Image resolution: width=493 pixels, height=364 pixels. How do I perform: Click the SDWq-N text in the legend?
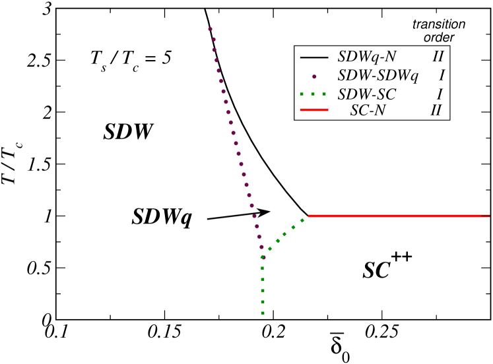click(367, 57)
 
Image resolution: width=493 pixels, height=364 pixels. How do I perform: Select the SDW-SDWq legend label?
click(378, 76)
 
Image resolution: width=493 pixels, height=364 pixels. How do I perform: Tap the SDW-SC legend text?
click(366, 94)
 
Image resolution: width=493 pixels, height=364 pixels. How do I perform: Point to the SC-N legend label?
click(368, 111)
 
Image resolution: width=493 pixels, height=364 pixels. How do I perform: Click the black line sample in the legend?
click(314, 58)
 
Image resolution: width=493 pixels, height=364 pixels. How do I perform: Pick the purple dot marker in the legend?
click(315, 76)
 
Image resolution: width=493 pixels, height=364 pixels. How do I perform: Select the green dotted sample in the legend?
click(314, 94)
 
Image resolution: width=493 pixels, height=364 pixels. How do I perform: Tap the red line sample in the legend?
click(314, 111)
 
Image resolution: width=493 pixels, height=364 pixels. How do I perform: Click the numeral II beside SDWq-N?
click(438, 57)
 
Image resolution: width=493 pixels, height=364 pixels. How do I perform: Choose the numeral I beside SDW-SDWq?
click(442, 76)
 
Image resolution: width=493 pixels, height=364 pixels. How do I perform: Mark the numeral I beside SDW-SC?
click(440, 94)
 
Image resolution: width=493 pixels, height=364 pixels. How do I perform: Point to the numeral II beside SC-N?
click(436, 111)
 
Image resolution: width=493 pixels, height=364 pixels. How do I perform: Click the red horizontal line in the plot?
click(396, 216)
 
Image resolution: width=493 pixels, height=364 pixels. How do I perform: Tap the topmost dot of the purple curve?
click(210, 29)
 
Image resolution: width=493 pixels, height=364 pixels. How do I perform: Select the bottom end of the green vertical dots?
click(263, 313)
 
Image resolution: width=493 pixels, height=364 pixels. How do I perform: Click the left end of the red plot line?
click(309, 216)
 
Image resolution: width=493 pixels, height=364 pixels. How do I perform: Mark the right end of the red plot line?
click(488, 216)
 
